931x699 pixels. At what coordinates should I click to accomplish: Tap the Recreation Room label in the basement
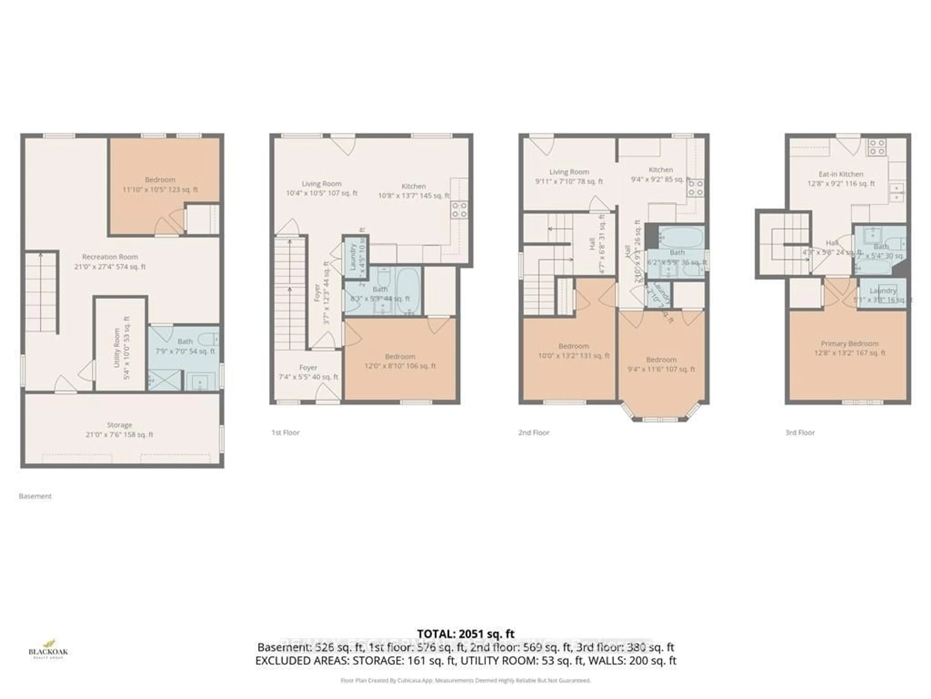pos(110,261)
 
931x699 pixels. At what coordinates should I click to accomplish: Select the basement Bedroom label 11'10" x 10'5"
pos(160,184)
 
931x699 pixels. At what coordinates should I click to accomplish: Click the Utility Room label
pos(122,348)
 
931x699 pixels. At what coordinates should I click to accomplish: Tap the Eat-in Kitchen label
pos(841,179)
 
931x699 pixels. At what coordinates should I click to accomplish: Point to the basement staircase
pos(41,291)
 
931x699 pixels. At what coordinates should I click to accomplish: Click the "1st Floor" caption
pos(285,432)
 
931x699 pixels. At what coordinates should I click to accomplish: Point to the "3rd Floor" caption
pos(800,432)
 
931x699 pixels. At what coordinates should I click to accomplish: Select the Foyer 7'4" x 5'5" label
pos(308,372)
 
